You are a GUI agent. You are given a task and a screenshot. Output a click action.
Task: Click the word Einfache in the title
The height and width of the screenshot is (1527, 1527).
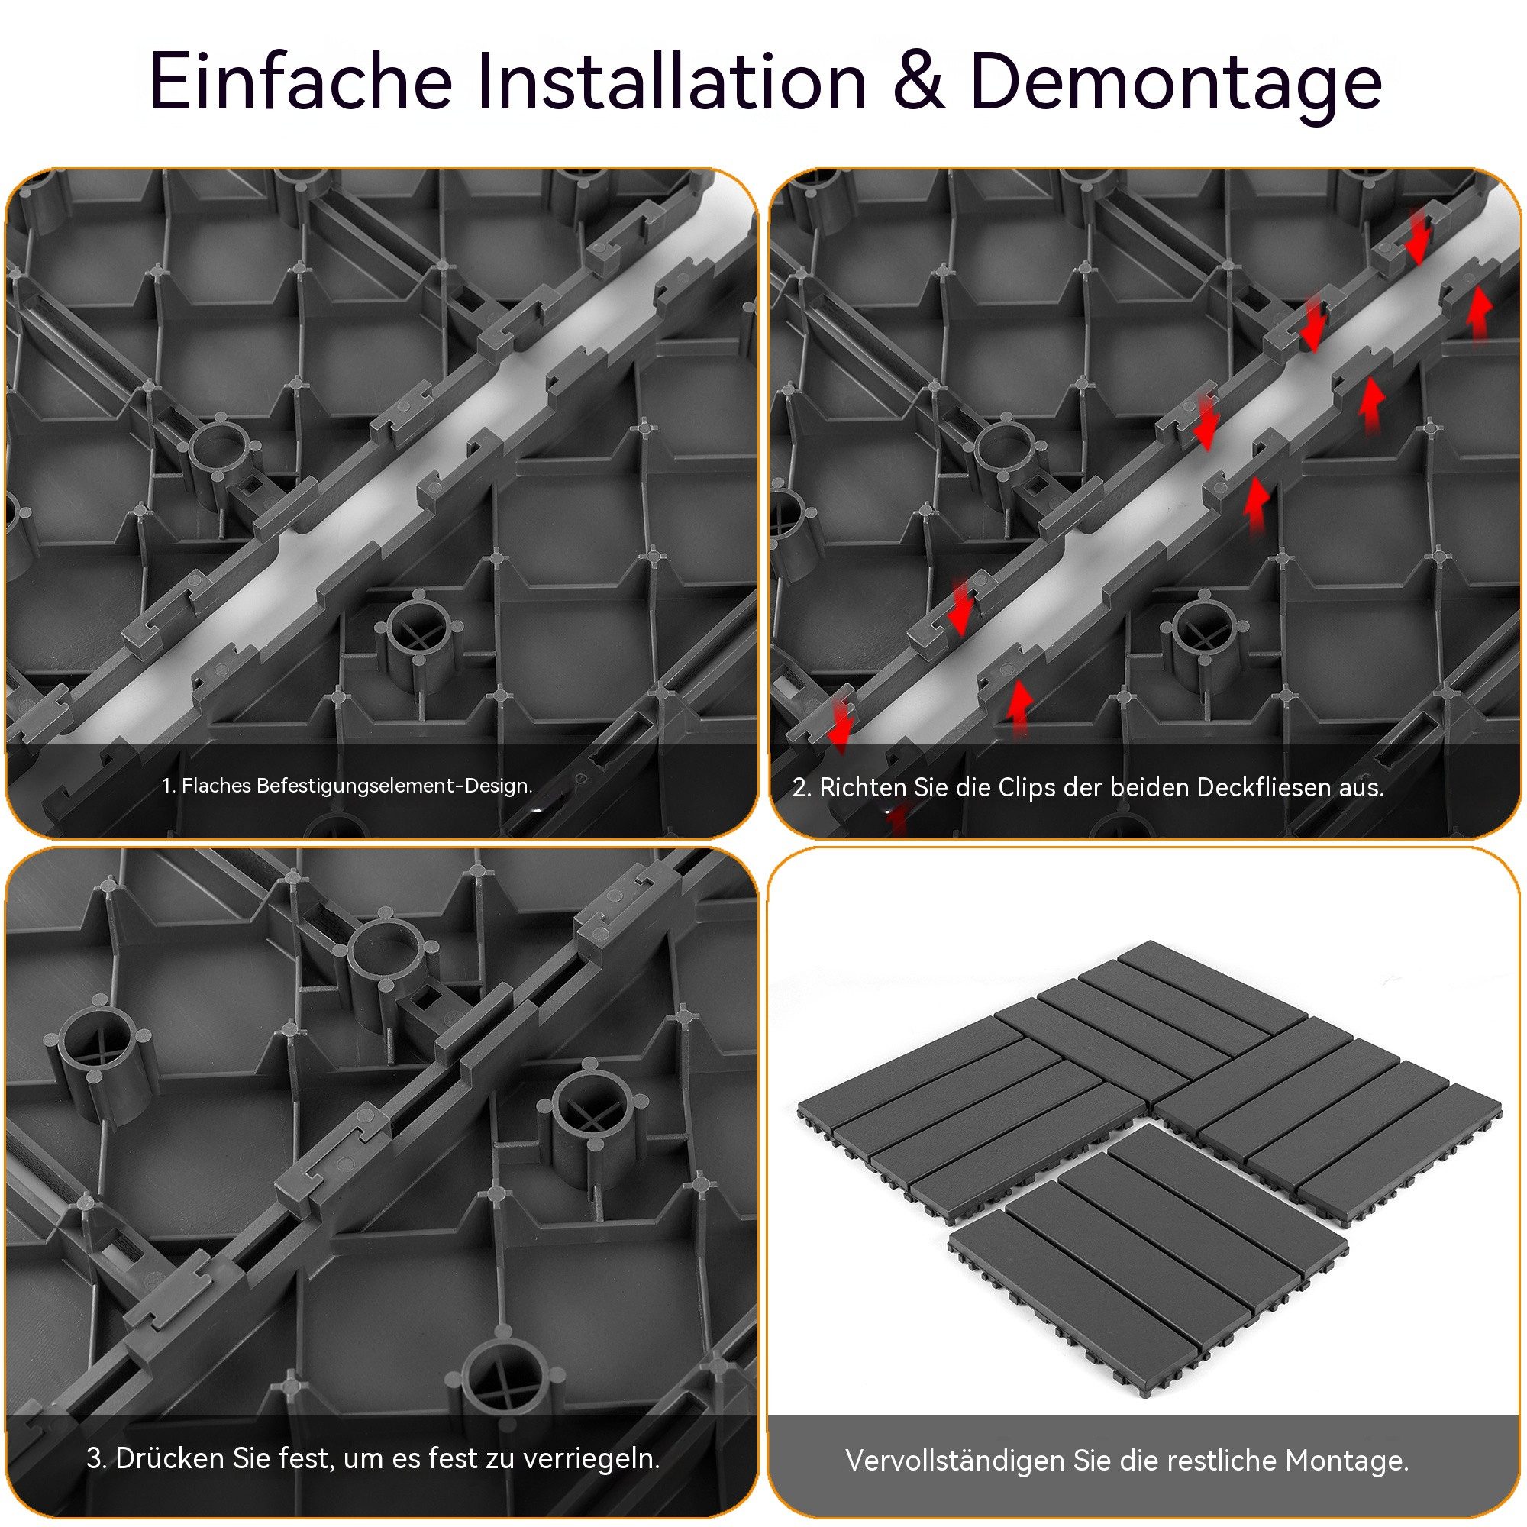(300, 82)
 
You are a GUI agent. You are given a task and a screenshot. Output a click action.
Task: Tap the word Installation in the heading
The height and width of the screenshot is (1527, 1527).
(673, 82)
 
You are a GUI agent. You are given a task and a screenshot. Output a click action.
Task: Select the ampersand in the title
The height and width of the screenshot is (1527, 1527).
(920, 82)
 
